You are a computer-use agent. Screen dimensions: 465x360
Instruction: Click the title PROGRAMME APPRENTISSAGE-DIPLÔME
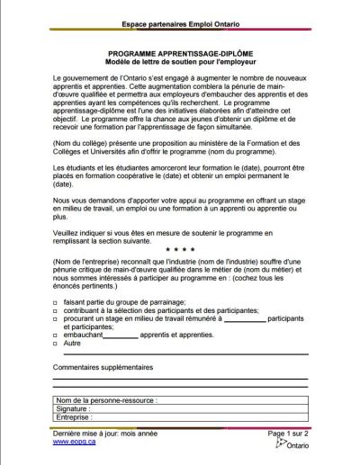[x=181, y=55]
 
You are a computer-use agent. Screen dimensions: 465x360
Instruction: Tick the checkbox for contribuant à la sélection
[x=56, y=311]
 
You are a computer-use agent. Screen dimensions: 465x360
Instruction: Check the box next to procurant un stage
[x=56, y=319]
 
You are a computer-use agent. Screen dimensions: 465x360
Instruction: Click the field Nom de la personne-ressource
[x=180, y=399]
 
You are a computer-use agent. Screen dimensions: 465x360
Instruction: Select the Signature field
[x=180, y=408]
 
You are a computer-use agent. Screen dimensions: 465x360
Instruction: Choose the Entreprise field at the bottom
[x=180, y=417]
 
